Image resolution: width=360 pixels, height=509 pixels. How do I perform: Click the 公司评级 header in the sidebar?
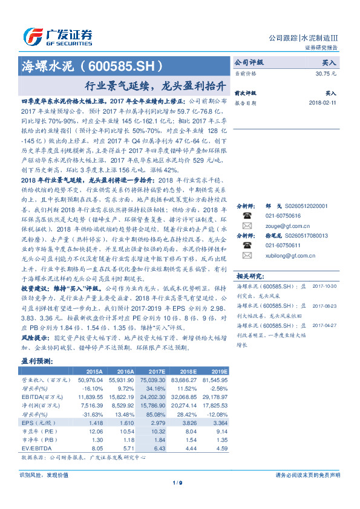click(249, 62)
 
